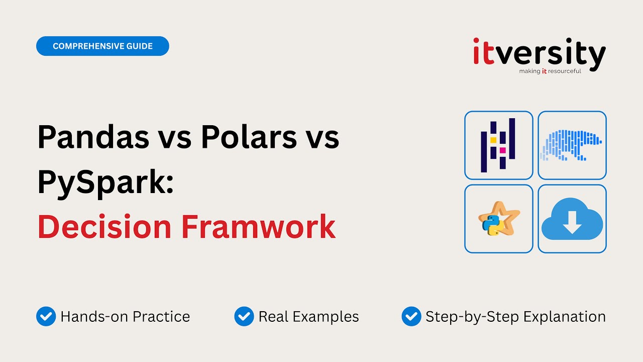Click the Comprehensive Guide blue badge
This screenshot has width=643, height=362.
pyautogui.click(x=102, y=46)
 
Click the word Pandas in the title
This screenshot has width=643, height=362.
pyautogui.click(x=93, y=137)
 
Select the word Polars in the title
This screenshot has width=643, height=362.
pyautogui.click(x=249, y=137)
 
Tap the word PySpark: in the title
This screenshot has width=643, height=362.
pyautogui.click(x=105, y=182)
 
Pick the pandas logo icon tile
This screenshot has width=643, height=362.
pyautogui.click(x=498, y=145)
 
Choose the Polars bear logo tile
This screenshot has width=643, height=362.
pyautogui.click(x=572, y=145)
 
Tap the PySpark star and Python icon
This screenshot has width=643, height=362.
pyautogui.click(x=498, y=219)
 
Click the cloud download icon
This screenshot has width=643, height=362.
pyautogui.click(x=572, y=219)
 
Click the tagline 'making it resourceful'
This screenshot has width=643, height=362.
pyautogui.click(x=550, y=71)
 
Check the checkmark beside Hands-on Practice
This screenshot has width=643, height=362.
pyautogui.click(x=46, y=317)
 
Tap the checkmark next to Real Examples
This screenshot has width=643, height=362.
pyautogui.click(x=244, y=317)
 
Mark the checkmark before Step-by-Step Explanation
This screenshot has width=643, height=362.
pyautogui.click(x=411, y=317)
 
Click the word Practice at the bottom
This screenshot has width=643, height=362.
pyautogui.click(x=161, y=317)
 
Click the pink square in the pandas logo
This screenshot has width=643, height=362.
pyautogui.click(x=502, y=150)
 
